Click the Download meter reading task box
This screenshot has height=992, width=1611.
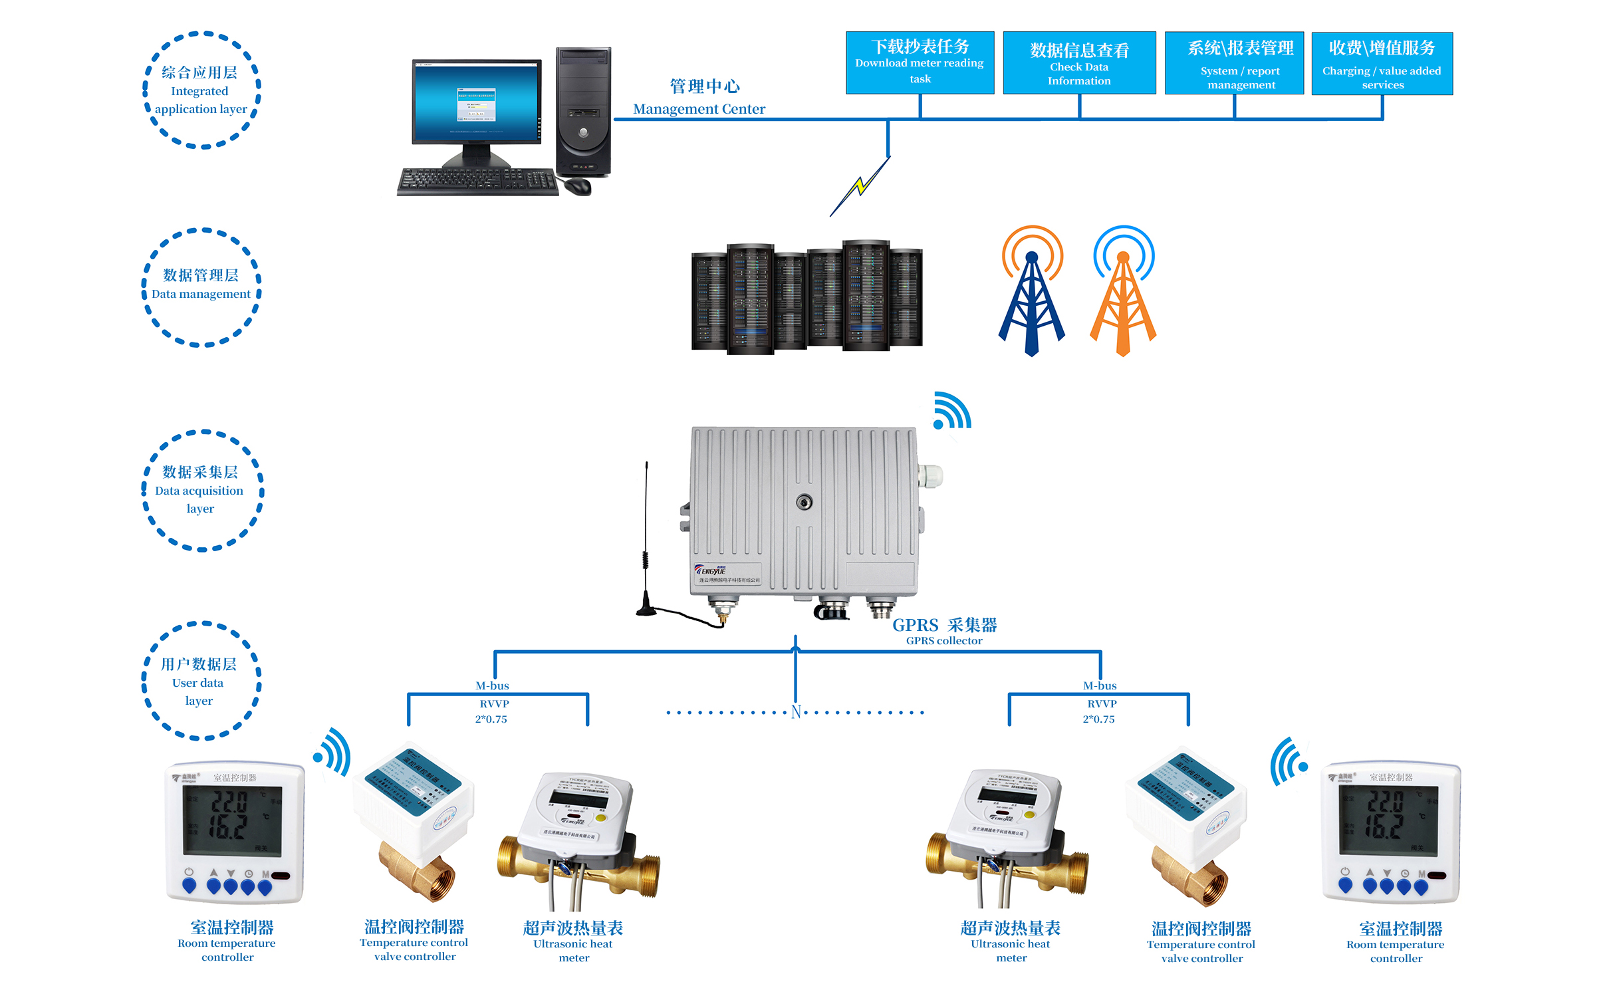(920, 62)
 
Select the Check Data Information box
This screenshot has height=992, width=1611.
(1078, 63)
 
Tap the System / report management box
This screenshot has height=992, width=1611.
(1234, 63)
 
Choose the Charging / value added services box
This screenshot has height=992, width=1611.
(1382, 63)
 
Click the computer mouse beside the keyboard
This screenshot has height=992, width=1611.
(578, 186)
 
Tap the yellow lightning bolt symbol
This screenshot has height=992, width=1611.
(860, 186)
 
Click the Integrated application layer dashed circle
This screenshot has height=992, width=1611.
(201, 90)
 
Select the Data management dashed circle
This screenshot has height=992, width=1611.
(201, 287)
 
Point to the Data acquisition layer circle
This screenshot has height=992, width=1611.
(201, 490)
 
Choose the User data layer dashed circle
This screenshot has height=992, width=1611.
(200, 681)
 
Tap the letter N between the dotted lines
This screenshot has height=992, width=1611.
(796, 712)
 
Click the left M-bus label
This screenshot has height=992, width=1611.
(492, 685)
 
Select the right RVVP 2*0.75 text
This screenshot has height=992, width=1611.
(1100, 711)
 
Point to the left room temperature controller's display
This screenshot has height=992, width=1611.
(232, 820)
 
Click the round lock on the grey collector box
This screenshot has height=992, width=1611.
(804, 502)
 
